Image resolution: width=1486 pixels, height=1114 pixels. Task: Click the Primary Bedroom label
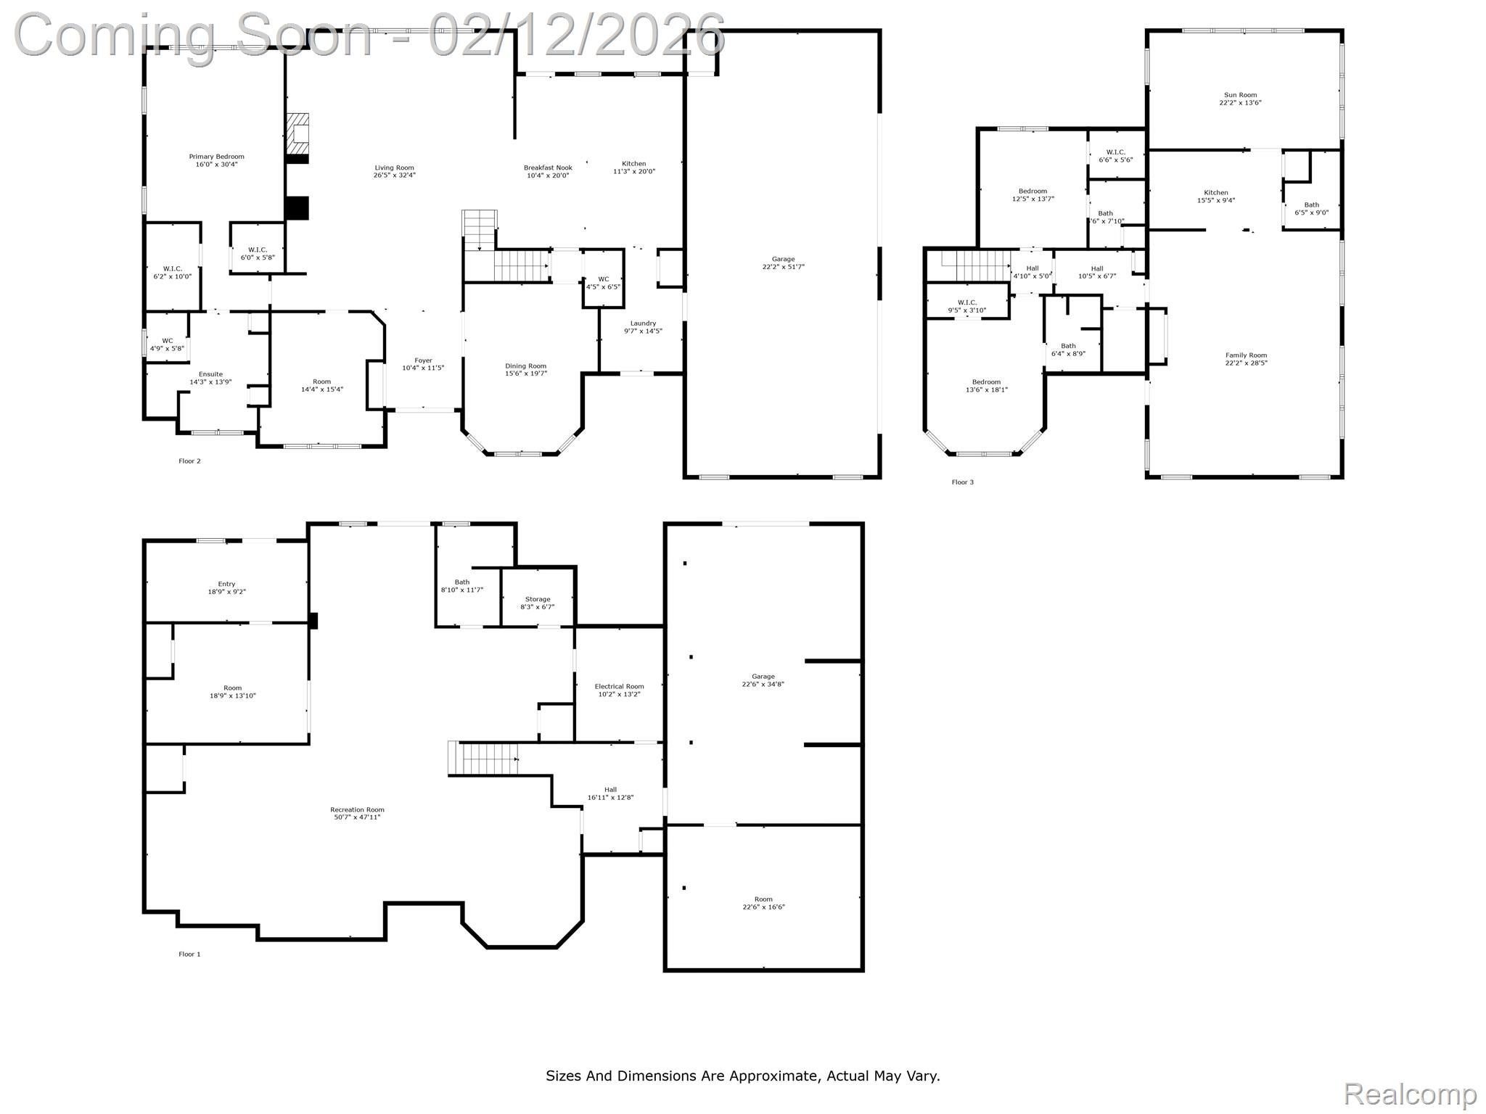[x=216, y=157]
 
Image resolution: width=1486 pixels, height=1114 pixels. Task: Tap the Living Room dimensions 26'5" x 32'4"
[x=395, y=175]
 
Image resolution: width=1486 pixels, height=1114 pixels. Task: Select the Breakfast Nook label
[x=548, y=168]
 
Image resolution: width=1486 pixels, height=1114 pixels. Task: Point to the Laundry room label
[x=643, y=323]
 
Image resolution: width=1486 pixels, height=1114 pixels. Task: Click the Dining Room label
[x=526, y=366]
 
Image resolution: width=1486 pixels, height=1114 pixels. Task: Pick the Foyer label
[x=423, y=360]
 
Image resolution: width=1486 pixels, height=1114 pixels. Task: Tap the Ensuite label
[x=210, y=374]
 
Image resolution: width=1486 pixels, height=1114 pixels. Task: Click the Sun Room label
[x=1240, y=95]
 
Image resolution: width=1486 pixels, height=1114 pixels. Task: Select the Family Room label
[x=1247, y=355]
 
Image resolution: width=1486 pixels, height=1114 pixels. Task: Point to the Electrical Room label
[x=619, y=687]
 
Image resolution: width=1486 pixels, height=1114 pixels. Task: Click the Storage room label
[x=537, y=599]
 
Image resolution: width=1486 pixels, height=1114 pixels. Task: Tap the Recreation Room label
[x=357, y=809]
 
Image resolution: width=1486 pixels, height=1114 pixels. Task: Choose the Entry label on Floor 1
[x=226, y=584]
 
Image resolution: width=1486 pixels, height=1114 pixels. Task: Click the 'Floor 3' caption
[x=963, y=482]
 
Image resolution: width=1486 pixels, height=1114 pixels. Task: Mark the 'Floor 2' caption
[x=189, y=461]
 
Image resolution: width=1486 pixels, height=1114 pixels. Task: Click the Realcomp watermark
[x=1410, y=1094]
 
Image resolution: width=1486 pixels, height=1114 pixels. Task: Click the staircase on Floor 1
[x=484, y=759]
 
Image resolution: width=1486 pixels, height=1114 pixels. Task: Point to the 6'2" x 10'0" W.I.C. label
[x=173, y=272]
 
